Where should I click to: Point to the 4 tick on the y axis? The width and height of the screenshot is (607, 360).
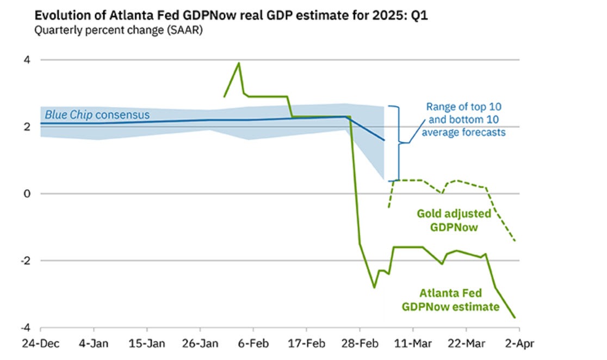(x=26, y=60)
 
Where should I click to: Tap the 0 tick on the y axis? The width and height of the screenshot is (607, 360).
(x=26, y=194)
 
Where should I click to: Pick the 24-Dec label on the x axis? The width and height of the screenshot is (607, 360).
(x=40, y=344)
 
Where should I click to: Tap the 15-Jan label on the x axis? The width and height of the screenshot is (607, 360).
(x=147, y=344)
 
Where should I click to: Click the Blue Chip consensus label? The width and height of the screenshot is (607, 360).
(x=97, y=115)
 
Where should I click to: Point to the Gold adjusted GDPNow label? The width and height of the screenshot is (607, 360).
(x=454, y=220)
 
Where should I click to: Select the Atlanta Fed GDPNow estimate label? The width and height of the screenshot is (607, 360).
(x=450, y=300)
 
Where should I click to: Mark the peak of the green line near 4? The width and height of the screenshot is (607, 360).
(x=239, y=63)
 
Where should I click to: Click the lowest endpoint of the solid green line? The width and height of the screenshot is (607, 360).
(x=515, y=318)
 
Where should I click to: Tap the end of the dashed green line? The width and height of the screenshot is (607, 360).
(x=515, y=241)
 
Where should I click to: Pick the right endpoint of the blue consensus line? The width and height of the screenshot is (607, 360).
(x=384, y=140)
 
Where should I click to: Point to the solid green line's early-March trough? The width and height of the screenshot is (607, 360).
(x=374, y=287)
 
